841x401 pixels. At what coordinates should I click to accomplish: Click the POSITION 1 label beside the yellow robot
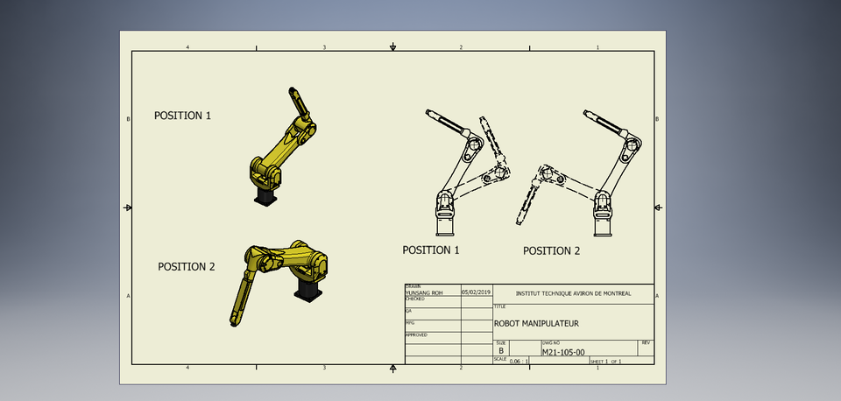[182, 115]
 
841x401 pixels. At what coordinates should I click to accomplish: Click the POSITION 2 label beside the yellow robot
[186, 266]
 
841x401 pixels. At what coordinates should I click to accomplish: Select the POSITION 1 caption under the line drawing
[431, 250]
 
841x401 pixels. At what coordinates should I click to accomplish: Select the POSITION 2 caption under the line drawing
[552, 250]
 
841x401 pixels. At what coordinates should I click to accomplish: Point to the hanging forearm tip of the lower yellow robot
[234, 322]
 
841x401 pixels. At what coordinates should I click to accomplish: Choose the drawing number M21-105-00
[562, 351]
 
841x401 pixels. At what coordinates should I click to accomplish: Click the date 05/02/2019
[477, 291]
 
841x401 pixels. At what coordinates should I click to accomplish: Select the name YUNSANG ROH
[424, 293]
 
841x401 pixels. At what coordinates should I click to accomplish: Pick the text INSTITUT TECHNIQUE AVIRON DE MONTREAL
[573, 293]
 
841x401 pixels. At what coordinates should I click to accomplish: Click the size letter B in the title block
[501, 350]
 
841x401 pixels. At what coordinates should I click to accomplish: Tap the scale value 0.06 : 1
[519, 360]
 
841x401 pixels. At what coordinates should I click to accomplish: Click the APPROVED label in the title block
[416, 334]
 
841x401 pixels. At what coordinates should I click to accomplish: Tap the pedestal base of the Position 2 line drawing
[602, 229]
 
